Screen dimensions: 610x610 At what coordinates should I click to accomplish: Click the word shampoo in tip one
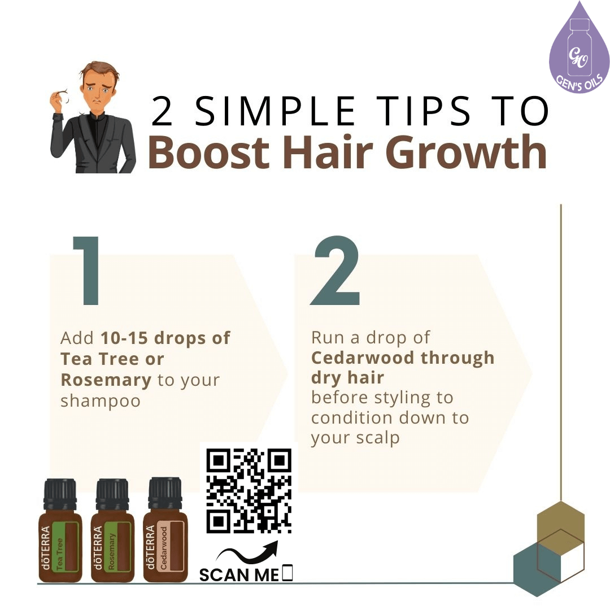click(x=100, y=400)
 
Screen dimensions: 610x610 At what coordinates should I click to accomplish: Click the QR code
click(x=249, y=491)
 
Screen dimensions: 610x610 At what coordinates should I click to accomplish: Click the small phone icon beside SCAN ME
click(x=287, y=573)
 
